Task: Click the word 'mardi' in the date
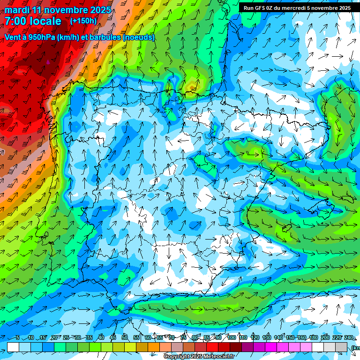17,10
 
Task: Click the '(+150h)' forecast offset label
83,21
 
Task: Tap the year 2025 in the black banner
341,8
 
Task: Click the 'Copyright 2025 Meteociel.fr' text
199,357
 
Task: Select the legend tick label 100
231,338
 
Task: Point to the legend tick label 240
349,338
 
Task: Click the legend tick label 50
125,338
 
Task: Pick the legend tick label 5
18,338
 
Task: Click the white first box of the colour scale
13,347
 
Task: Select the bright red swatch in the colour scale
213,347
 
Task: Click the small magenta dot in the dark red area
48,61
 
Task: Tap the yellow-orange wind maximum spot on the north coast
192,86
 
